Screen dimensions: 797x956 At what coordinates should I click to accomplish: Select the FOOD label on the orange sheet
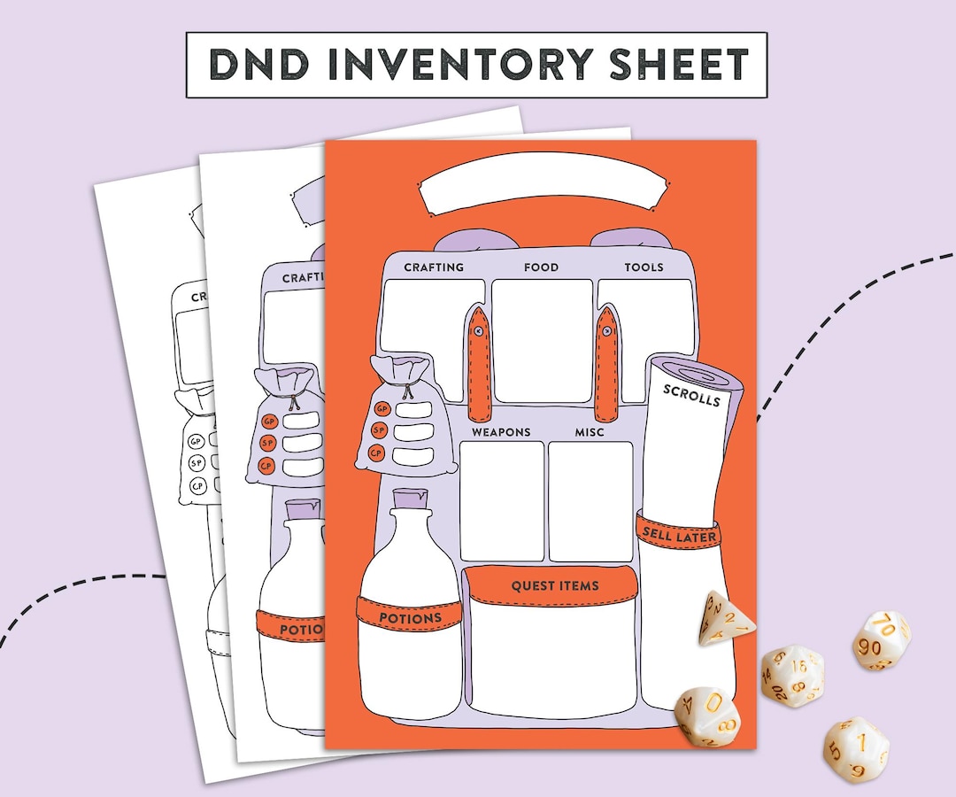coord(541,267)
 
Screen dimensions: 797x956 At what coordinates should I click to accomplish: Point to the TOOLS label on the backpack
coord(644,267)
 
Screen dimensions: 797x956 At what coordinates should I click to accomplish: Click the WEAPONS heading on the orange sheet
coord(501,432)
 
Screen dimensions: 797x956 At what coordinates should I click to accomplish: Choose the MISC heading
coord(590,432)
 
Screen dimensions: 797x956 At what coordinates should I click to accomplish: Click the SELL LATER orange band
coord(678,534)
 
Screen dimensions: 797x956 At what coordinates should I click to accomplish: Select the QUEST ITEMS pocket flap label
coord(555,586)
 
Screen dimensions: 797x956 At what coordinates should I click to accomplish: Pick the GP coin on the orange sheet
coord(382,409)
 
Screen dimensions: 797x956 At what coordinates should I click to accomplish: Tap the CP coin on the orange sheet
coord(377,454)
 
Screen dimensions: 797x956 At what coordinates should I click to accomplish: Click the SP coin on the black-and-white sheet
coord(197,462)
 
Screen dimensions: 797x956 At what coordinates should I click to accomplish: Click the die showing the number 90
coord(881,640)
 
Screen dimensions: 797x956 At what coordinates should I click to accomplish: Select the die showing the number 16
coord(793,674)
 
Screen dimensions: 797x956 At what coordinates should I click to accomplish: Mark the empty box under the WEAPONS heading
coord(501,500)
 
